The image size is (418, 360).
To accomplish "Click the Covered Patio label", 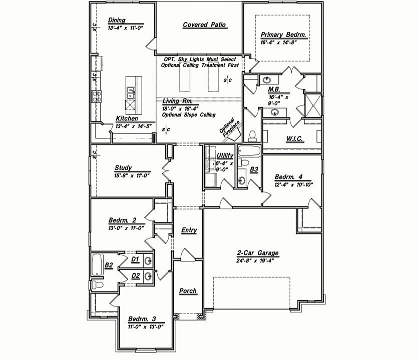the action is (x=204, y=25).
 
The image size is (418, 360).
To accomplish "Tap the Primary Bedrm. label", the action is (x=283, y=35).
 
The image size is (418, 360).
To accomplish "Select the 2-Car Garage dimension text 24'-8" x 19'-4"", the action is (x=255, y=260).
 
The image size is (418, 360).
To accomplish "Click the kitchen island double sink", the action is (x=131, y=93).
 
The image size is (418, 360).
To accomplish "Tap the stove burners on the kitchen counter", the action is (x=97, y=96).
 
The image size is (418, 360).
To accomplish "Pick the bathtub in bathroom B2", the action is (x=97, y=264).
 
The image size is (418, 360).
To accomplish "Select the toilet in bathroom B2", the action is (x=97, y=285).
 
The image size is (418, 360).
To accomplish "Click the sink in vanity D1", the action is (x=148, y=260).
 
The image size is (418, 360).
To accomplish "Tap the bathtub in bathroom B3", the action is (x=249, y=151).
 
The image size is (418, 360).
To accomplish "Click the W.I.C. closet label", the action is (x=294, y=138).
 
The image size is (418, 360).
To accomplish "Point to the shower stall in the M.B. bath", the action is (x=313, y=105).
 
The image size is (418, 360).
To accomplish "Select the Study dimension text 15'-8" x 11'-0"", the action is (x=132, y=175).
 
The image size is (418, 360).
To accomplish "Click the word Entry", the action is (x=189, y=230).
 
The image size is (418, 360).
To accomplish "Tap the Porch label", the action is (x=188, y=291).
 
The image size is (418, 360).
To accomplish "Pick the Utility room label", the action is (x=225, y=155).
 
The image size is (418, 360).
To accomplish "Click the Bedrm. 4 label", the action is (x=288, y=177).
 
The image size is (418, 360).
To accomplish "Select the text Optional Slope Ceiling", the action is (x=189, y=115).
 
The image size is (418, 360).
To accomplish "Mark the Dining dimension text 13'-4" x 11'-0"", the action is (x=126, y=28).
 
